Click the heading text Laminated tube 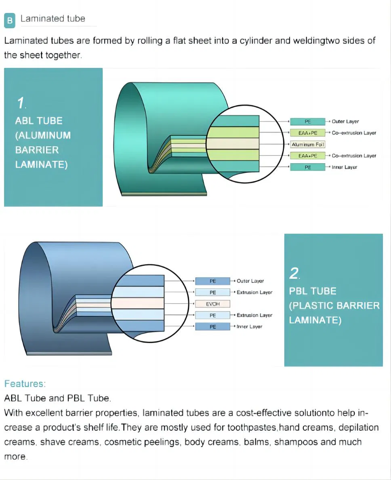pos(53,19)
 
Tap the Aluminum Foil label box pos(308,144)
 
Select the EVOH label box pos(212,304)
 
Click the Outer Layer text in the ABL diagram pos(345,122)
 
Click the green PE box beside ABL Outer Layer pos(308,122)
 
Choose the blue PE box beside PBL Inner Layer pos(212,327)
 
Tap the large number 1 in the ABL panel pos(20,103)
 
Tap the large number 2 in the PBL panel pos(294,274)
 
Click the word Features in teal pos(24,383)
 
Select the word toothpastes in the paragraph pos(252,427)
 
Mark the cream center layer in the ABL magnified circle pos(232,144)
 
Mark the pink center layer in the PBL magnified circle pos(138,303)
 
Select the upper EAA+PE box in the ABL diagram pos(308,133)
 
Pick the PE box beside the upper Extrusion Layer pos(212,292)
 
